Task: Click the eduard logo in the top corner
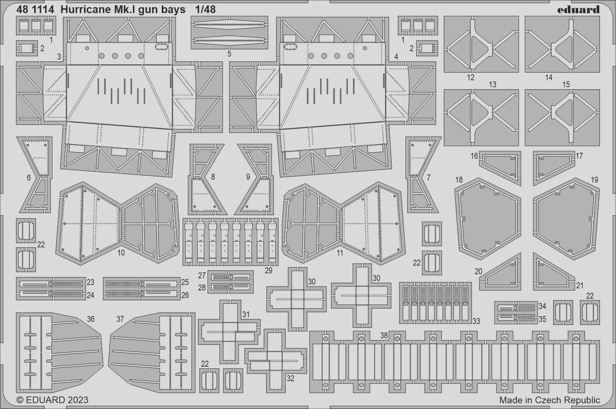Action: click(x=578, y=9)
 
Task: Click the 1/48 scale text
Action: click(x=205, y=9)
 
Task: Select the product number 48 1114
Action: click(x=35, y=9)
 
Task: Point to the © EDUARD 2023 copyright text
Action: click(x=52, y=400)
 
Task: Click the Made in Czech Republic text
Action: click(x=549, y=400)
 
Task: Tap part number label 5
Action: click(x=229, y=54)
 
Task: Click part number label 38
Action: click(x=384, y=335)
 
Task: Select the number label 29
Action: click(x=268, y=270)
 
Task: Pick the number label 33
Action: click(x=476, y=321)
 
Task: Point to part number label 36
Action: click(x=91, y=319)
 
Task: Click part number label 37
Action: click(x=120, y=319)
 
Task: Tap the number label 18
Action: click(x=459, y=180)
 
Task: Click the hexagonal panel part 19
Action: click(x=566, y=219)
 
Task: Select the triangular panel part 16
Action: click(x=500, y=168)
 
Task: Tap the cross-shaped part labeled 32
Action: click(x=275, y=361)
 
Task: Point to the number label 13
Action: click(x=492, y=84)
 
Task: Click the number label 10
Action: click(x=121, y=253)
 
